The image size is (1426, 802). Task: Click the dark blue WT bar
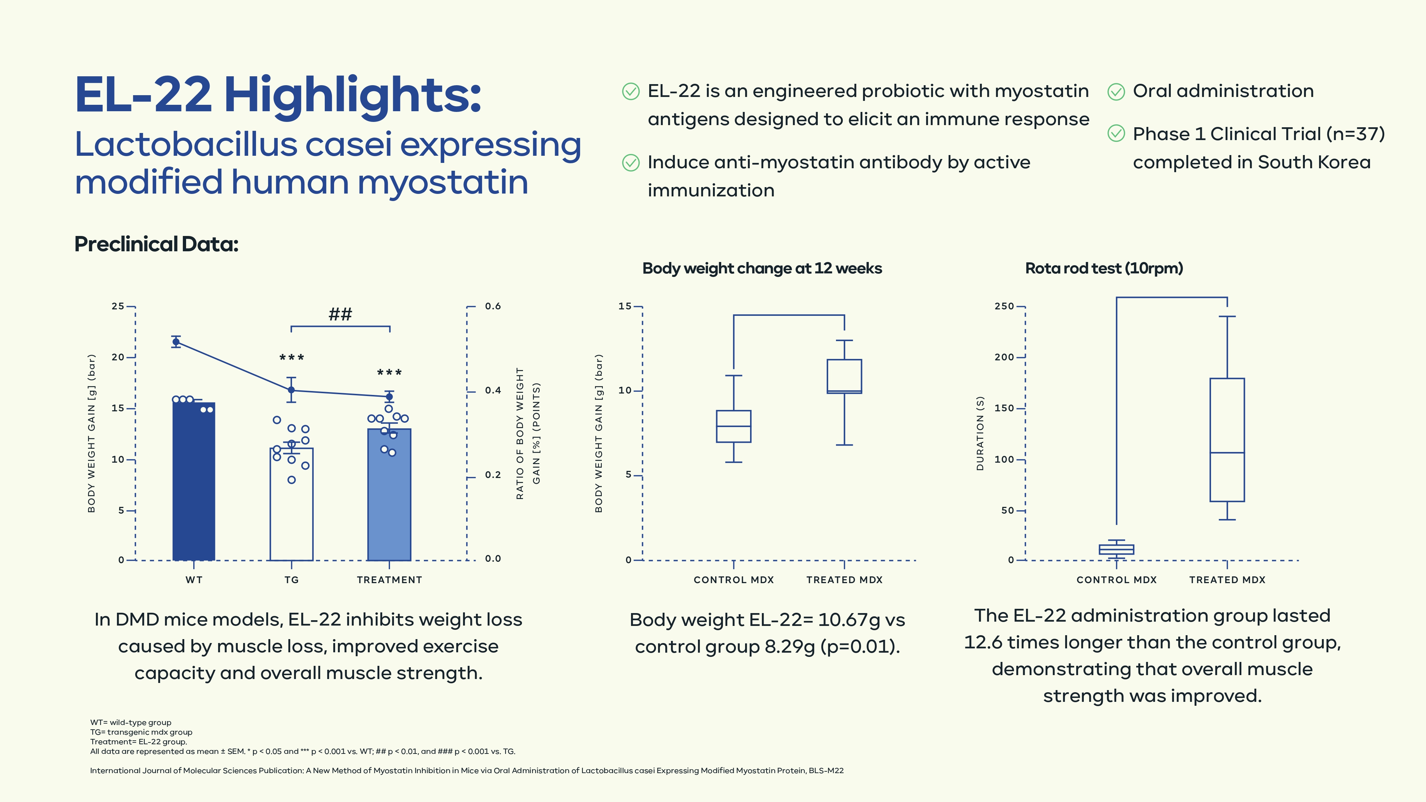(x=194, y=482)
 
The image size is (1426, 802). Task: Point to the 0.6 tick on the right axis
(x=493, y=306)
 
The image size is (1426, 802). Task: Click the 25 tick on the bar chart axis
(x=118, y=306)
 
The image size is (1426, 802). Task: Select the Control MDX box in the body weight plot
(x=733, y=426)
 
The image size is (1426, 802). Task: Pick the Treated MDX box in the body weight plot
(x=844, y=376)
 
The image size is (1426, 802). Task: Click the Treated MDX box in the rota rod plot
(x=1227, y=440)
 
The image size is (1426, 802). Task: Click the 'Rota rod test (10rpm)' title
(x=1104, y=268)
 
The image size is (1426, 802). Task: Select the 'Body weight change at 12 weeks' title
(x=762, y=268)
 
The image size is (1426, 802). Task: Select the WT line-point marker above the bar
(x=176, y=341)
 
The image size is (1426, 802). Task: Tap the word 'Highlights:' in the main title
(x=353, y=95)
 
